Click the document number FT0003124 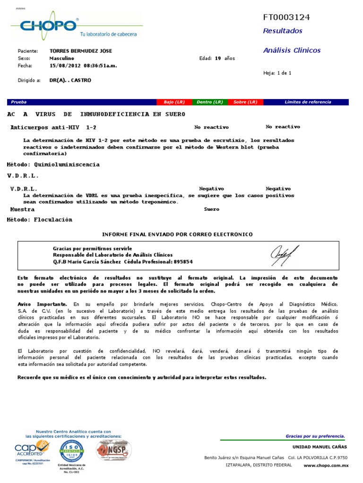point(286,17)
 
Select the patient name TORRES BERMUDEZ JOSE point(81,51)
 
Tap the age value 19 point(218,58)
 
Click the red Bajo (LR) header point(174,102)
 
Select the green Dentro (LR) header point(209,102)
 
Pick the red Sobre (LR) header point(245,102)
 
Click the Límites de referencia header point(308,102)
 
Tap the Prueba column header point(19,102)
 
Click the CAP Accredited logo point(33,449)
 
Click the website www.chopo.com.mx point(326,466)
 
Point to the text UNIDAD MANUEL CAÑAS point(320,447)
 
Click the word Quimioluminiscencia point(67,165)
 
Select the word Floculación point(53,219)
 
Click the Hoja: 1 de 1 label point(277,73)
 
